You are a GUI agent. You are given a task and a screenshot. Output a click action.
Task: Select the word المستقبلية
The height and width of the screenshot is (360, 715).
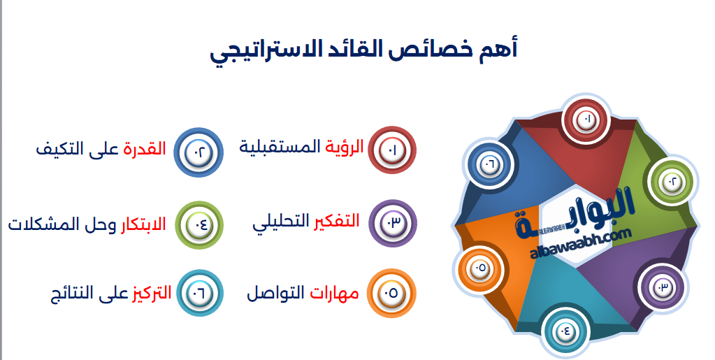280,147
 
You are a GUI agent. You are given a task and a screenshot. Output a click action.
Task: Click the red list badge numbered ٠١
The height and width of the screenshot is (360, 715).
392,150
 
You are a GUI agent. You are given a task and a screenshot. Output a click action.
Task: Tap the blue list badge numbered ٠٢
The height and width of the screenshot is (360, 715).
198,150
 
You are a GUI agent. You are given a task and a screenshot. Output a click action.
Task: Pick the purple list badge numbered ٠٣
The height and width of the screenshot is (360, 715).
392,223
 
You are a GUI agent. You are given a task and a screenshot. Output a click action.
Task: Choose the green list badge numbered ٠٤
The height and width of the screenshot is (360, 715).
198,224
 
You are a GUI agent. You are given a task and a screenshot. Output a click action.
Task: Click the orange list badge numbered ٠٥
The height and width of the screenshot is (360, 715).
392,293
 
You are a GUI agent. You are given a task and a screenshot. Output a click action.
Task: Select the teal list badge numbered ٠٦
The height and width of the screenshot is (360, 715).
198,293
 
